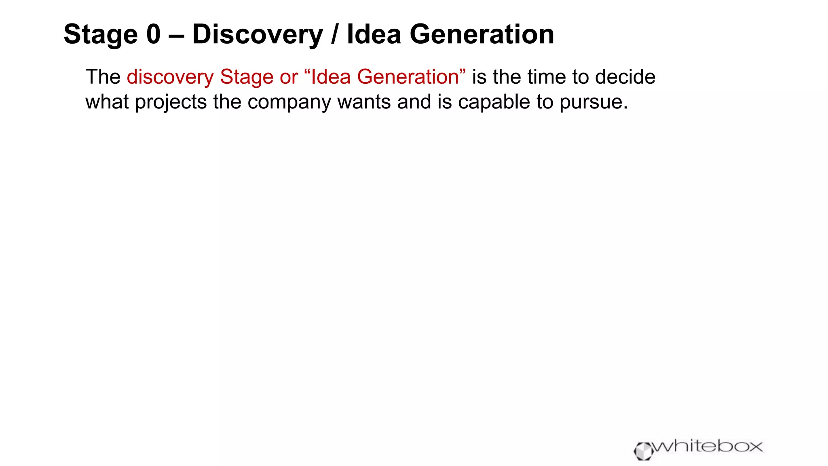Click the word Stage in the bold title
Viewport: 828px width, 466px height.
(x=101, y=35)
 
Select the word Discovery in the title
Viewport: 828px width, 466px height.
(x=258, y=35)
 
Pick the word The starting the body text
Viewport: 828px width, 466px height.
(x=103, y=77)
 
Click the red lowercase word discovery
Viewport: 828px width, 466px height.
(x=170, y=77)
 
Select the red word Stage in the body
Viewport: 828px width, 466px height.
(x=246, y=77)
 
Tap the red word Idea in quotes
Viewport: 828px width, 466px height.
(x=330, y=77)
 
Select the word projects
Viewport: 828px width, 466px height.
(x=171, y=102)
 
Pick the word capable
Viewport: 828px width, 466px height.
(x=494, y=102)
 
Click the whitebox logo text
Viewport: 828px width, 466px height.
(x=708, y=446)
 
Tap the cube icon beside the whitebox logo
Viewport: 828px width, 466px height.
(x=643, y=451)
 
